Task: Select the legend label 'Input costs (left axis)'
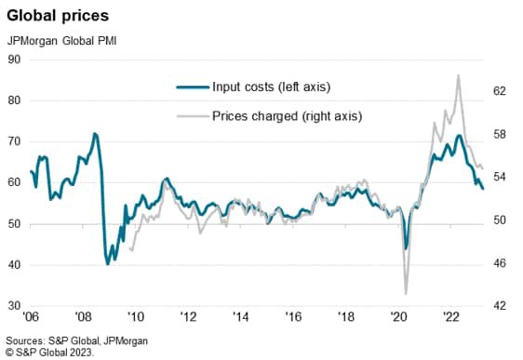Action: (x=272, y=87)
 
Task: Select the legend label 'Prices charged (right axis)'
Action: (x=287, y=116)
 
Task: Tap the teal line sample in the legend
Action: (x=191, y=87)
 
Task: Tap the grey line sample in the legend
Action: (x=191, y=116)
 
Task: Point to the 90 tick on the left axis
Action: (x=14, y=60)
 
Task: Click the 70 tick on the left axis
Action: (x=14, y=141)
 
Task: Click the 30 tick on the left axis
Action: (x=14, y=306)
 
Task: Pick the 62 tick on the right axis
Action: (x=499, y=91)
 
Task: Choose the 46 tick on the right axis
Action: (x=499, y=263)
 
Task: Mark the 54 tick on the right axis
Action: (x=499, y=178)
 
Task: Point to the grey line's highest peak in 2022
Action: (x=458, y=75)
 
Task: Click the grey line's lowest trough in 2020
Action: (x=406, y=293)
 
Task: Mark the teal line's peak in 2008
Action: (x=95, y=134)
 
